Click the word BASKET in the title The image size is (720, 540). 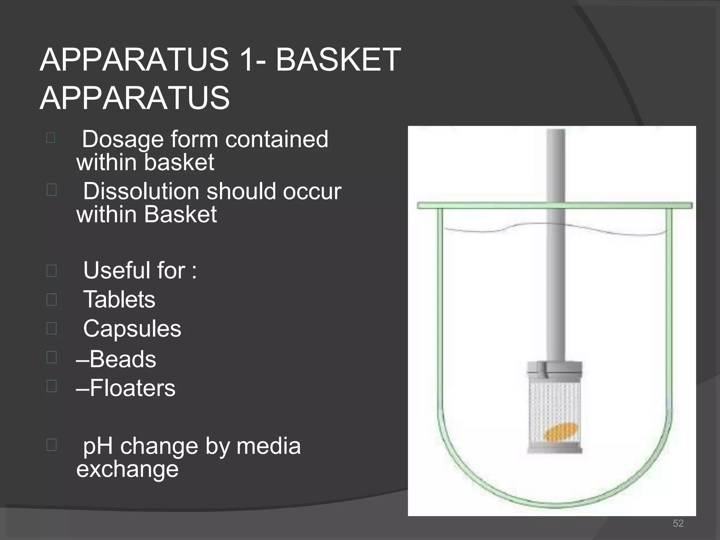pos(338,60)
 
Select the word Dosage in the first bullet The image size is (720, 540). pos(123,139)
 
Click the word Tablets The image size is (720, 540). pos(119,300)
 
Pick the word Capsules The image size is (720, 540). pos(132,329)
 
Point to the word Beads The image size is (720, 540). pos(123,359)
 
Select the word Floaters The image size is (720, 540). pos(132,388)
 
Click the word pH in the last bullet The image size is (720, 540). pos(98,446)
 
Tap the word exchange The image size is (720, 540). pos(127,469)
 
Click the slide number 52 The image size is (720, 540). pos(678,523)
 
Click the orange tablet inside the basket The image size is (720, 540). pos(560,432)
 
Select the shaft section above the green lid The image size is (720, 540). pos(556,165)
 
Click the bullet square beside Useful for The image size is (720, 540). pos(51,271)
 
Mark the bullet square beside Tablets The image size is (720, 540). pos(51,300)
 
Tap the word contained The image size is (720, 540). pos(277,139)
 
